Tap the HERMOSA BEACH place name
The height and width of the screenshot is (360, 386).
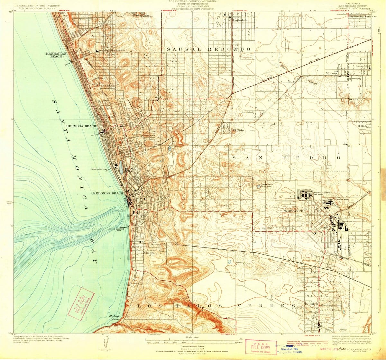pos(81,126)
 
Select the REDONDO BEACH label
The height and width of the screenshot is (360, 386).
pos(108,194)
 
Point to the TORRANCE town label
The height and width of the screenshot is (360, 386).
pos(294,211)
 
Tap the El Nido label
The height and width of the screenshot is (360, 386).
pos(238,130)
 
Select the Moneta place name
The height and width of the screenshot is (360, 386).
pos(331,74)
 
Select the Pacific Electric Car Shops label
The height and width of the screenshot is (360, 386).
pos(322,194)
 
